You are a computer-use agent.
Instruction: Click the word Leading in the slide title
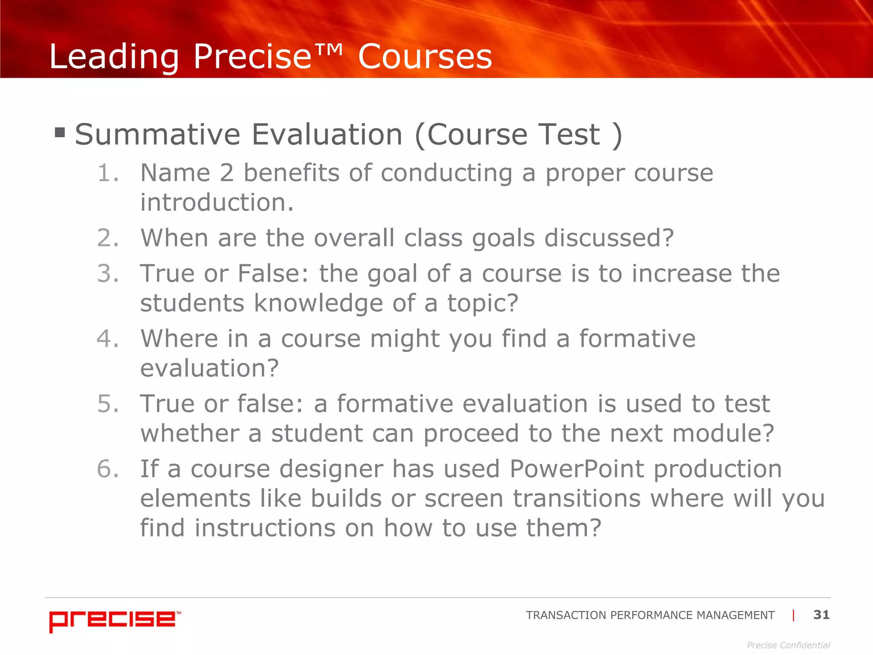pyautogui.click(x=114, y=57)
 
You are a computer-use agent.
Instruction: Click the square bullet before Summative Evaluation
pyautogui.click(x=60, y=133)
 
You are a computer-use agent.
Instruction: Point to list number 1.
pyautogui.click(x=107, y=173)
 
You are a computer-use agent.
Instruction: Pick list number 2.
pyautogui.click(x=107, y=238)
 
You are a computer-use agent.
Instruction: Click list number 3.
pyautogui.click(x=107, y=273)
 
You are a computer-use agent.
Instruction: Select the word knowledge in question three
pyautogui.click(x=318, y=304)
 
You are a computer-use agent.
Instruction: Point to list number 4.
pyautogui.click(x=107, y=339)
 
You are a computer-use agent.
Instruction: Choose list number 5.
pyautogui.click(x=107, y=404)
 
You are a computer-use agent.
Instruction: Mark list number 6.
pyautogui.click(x=107, y=469)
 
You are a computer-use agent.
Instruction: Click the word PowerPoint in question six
pyautogui.click(x=576, y=469)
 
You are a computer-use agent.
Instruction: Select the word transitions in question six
pyautogui.click(x=576, y=498)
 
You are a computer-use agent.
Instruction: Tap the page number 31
pyautogui.click(x=821, y=614)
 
